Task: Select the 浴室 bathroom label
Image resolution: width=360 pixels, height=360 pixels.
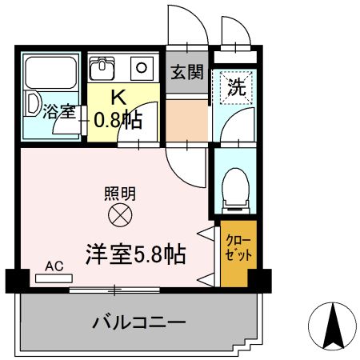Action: pyautogui.click(x=60, y=111)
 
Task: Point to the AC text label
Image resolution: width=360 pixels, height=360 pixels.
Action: pyautogui.click(x=54, y=266)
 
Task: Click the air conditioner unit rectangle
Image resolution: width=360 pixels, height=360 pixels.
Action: pyautogui.click(x=54, y=278)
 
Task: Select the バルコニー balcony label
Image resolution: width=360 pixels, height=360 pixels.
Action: pyautogui.click(x=139, y=323)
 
